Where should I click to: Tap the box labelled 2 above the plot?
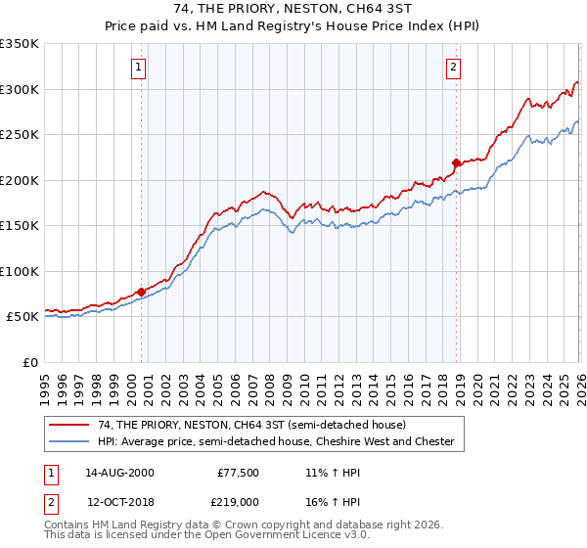click(454, 68)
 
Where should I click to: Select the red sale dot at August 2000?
click(141, 292)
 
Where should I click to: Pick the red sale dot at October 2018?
click(457, 162)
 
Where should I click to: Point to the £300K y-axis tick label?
click(20, 89)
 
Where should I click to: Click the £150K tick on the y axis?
click(20, 226)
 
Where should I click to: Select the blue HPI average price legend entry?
click(276, 441)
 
